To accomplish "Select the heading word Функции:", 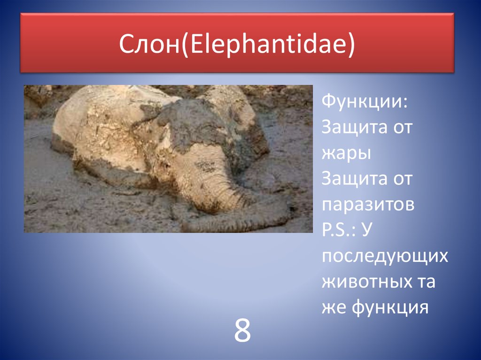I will point(365,102).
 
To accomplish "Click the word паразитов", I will point(368,205).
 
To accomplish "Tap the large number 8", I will point(242,331).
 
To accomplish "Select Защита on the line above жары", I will point(351,128).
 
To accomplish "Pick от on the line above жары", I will point(399,128).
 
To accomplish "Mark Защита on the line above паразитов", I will point(351,179).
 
